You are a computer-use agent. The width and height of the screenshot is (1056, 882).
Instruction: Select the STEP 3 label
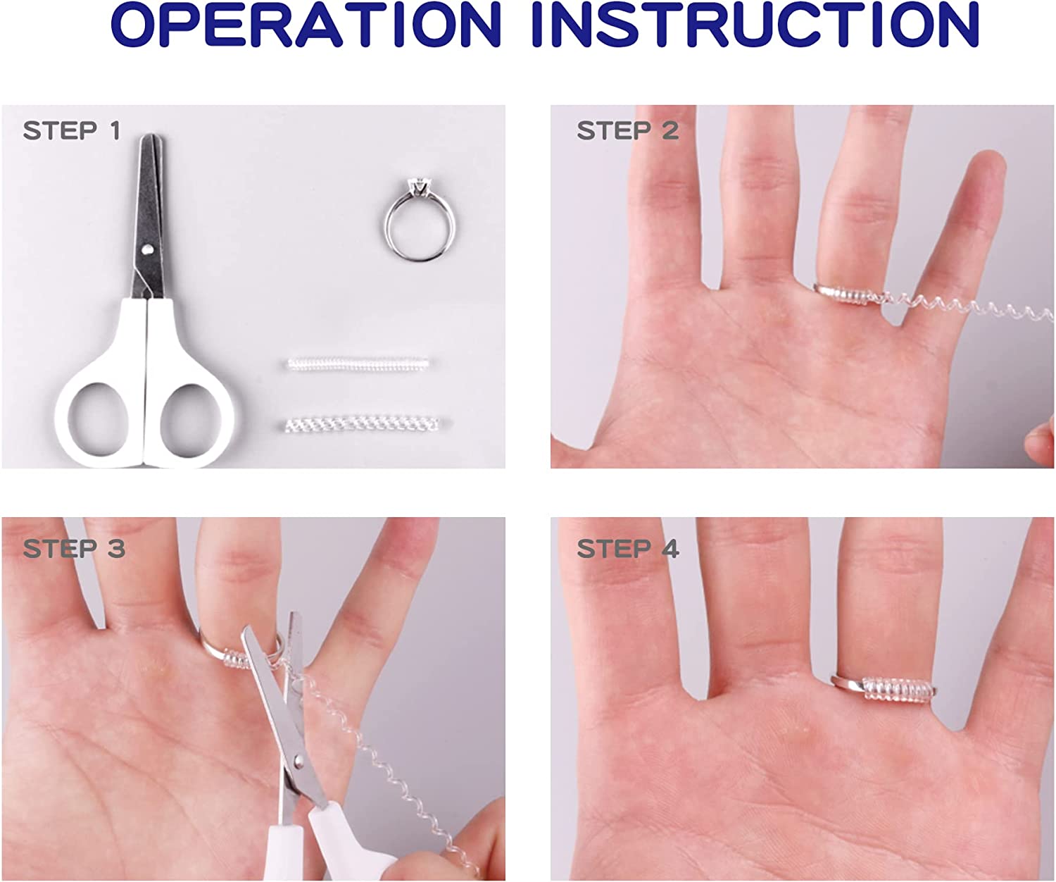pyautogui.click(x=74, y=549)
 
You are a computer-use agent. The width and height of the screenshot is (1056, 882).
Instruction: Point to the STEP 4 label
pyautogui.click(x=628, y=549)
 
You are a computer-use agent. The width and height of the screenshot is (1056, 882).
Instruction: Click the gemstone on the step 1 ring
pyautogui.click(x=418, y=185)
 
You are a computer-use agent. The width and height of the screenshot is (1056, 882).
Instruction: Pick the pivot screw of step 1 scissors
pyautogui.click(x=148, y=249)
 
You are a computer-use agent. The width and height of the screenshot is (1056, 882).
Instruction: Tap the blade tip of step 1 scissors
pyautogui.click(x=151, y=137)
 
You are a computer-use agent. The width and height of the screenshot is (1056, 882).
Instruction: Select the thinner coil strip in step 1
pyautogui.click(x=358, y=364)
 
